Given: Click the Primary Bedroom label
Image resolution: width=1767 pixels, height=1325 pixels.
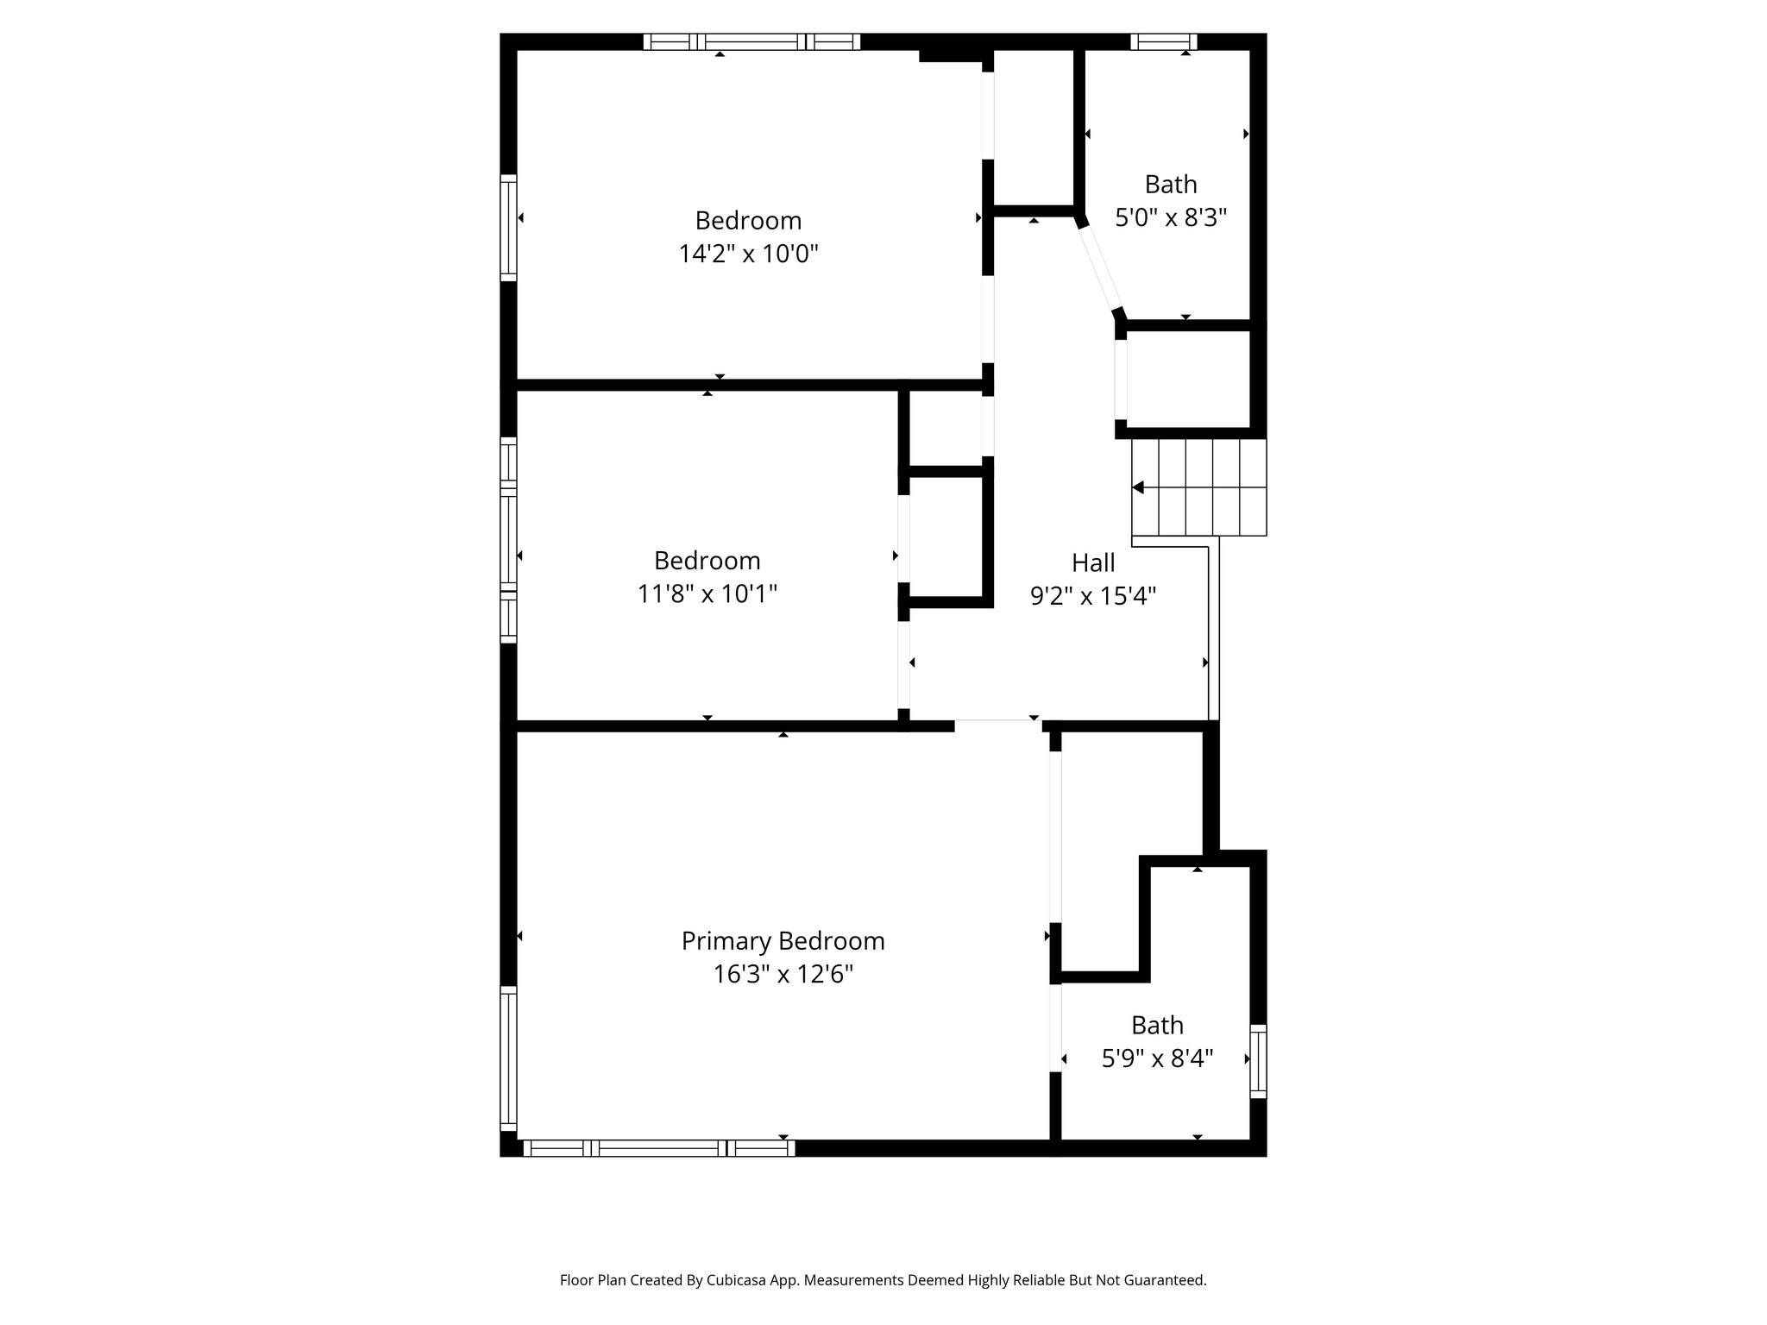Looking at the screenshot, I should click(783, 940).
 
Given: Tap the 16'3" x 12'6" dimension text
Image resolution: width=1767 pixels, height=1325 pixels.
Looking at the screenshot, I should click(783, 974).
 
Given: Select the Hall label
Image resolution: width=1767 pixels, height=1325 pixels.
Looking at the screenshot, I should click(1093, 562).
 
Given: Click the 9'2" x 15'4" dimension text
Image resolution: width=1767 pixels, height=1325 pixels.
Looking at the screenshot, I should click(1093, 596).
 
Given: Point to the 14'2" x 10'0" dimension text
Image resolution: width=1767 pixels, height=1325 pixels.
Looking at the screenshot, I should click(748, 254).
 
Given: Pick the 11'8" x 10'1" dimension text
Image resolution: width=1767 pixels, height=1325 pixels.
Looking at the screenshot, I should click(707, 593).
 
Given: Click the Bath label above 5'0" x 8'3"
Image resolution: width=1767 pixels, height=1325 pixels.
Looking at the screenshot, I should click(1171, 184).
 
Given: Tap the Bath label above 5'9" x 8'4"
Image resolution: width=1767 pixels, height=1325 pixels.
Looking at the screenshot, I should click(1157, 1025).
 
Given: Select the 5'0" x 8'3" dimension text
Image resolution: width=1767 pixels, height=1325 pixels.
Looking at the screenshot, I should click(1171, 217).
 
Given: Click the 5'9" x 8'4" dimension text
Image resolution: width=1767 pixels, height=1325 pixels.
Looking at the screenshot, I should click(1157, 1058).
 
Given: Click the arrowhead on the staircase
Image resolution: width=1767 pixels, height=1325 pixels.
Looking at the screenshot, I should click(1138, 487).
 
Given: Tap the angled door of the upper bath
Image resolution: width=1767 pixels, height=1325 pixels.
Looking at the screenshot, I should click(1098, 267).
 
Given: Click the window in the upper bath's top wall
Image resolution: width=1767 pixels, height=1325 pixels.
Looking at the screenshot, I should click(1163, 41).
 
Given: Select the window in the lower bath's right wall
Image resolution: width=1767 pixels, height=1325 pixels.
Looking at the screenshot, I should click(1258, 1061).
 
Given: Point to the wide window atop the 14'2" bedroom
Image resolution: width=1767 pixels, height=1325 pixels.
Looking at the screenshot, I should click(751, 41).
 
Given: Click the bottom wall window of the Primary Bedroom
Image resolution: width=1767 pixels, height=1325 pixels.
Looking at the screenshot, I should click(658, 1147).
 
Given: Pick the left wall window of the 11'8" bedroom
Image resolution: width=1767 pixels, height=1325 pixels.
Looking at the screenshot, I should click(508, 540).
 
